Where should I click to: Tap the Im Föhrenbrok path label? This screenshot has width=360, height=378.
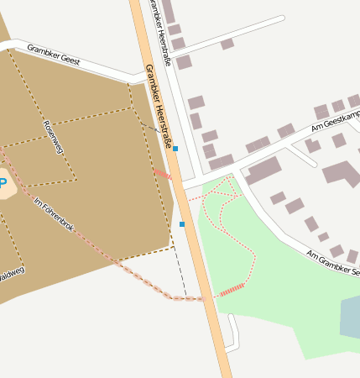pyautogui.click(x=55, y=214)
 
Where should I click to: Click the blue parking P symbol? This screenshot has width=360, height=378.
pyautogui.click(x=3, y=183)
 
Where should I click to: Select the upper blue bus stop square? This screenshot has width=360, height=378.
pyautogui.click(x=175, y=149)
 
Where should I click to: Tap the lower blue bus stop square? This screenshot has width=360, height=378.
pyautogui.click(x=182, y=224)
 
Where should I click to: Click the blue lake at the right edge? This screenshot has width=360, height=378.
pyautogui.click(x=351, y=318)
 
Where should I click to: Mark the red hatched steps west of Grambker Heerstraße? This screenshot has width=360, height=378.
pyautogui.click(x=162, y=174)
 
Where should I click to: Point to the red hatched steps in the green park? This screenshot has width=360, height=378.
pyautogui.click(x=231, y=290)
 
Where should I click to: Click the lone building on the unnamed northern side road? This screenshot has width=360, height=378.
pyautogui.click(x=227, y=44)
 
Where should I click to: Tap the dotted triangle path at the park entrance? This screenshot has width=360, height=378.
pyautogui.click(x=223, y=190)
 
